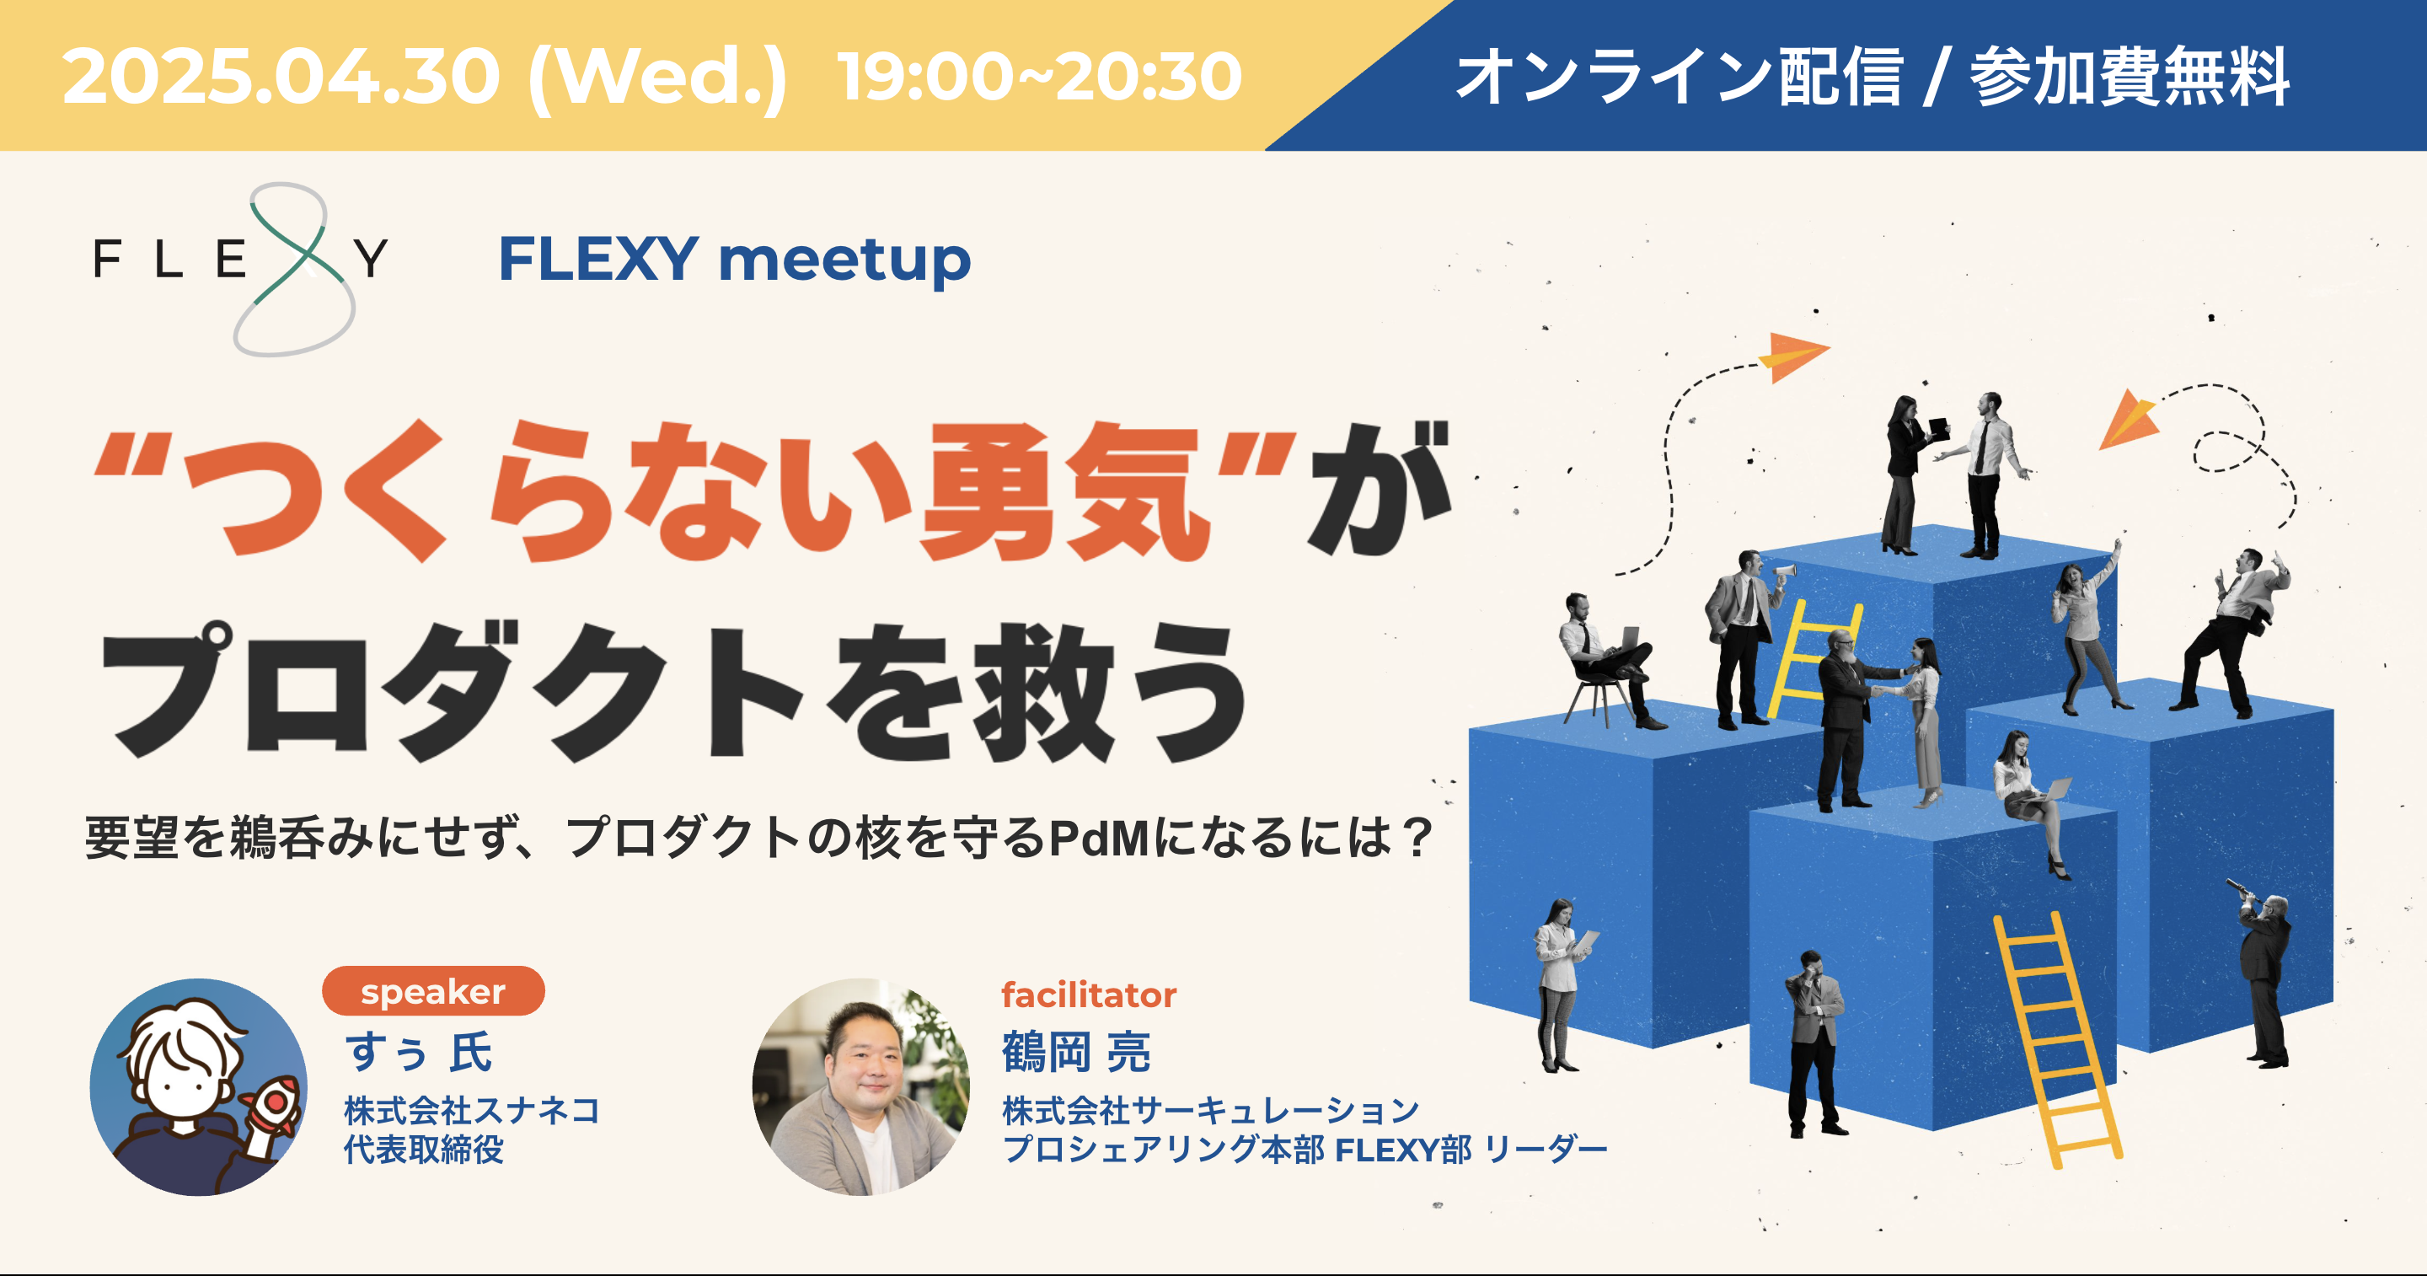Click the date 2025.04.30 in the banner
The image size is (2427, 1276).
tap(281, 78)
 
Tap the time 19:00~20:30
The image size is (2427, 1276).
tap(1039, 78)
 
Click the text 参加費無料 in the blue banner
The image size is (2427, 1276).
tap(2130, 78)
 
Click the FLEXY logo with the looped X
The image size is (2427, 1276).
tap(241, 269)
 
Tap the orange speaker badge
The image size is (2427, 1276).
tap(433, 991)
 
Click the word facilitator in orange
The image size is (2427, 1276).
tap(1088, 995)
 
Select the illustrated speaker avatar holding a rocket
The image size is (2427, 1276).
tap(198, 1087)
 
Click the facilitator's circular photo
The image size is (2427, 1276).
tap(861, 1087)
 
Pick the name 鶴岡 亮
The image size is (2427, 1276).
tap(1076, 1052)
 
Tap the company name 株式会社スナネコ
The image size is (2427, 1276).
tap(471, 1110)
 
